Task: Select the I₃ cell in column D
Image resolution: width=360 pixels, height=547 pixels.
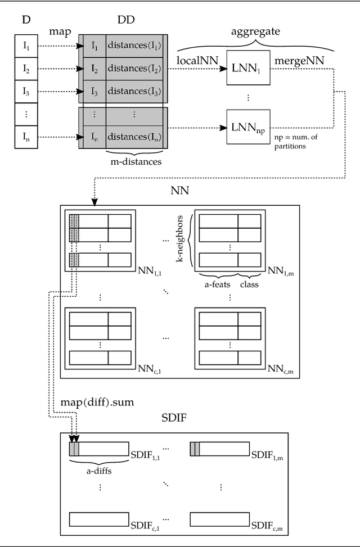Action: point(26,90)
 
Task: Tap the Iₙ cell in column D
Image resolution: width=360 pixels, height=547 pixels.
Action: point(26,136)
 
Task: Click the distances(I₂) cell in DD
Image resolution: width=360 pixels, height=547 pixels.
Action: point(134,69)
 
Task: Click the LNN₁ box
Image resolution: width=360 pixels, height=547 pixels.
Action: point(248,69)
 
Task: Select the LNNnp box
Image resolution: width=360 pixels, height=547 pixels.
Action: point(248,129)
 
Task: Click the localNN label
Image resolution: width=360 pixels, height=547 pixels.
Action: point(197,60)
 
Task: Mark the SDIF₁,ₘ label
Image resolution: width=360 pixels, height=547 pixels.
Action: point(267,453)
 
